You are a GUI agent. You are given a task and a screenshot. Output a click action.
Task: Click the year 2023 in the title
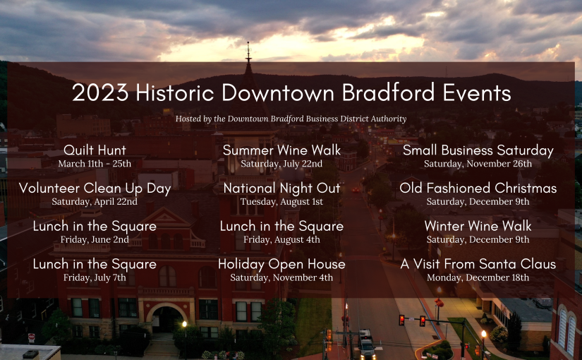pyautogui.click(x=100, y=92)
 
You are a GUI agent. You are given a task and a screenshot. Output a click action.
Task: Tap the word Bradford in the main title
pyautogui.click(x=388, y=92)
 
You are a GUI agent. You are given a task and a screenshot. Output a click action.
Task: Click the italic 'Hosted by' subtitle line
pyautogui.click(x=291, y=119)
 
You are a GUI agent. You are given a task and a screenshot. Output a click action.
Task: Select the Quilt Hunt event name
pyautogui.click(x=95, y=150)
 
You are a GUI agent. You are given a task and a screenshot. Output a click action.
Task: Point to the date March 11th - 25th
pyautogui.click(x=95, y=164)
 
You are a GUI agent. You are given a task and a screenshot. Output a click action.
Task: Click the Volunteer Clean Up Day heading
pyautogui.click(x=95, y=188)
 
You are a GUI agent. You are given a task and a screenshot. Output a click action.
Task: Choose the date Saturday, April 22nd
pyautogui.click(x=95, y=202)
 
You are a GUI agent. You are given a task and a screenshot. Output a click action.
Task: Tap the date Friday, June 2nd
pyautogui.click(x=95, y=239)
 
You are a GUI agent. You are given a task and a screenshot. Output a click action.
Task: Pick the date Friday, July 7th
pyautogui.click(x=95, y=278)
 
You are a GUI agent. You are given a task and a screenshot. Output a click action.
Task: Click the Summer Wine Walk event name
pyautogui.click(x=281, y=150)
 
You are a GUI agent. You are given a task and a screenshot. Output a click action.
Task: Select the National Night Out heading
pyautogui.click(x=281, y=188)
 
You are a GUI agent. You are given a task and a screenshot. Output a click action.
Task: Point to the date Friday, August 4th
pyautogui.click(x=281, y=239)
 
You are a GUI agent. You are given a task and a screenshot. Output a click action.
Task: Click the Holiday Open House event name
pyautogui.click(x=281, y=264)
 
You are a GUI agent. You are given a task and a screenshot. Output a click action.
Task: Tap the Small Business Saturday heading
pyautogui.click(x=478, y=150)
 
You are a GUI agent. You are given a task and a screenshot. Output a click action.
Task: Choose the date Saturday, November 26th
pyautogui.click(x=478, y=164)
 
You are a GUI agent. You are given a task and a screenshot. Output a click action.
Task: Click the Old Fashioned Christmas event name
pyautogui.click(x=478, y=188)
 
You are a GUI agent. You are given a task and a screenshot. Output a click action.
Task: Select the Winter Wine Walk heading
pyautogui.click(x=478, y=226)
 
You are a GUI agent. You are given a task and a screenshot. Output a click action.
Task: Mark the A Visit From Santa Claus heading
pyautogui.click(x=478, y=264)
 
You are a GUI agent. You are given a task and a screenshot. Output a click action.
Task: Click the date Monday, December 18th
pyautogui.click(x=478, y=278)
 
